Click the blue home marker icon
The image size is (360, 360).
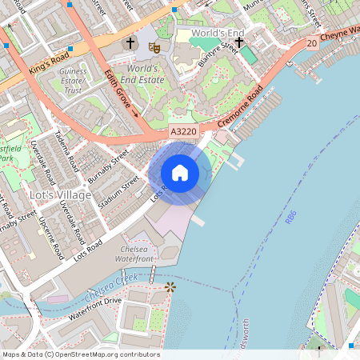pos(180,172)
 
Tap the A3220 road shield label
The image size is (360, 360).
pos(183,130)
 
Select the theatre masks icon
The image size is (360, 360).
pos(154,47)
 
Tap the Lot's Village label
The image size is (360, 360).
pos(32,196)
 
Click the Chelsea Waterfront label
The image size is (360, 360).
pos(133,254)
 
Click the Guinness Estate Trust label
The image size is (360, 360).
pos(73,80)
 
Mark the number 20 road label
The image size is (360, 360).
pos(310,49)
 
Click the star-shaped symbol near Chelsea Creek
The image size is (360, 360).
pos(169,286)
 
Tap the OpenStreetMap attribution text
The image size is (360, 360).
pos(80,354)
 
